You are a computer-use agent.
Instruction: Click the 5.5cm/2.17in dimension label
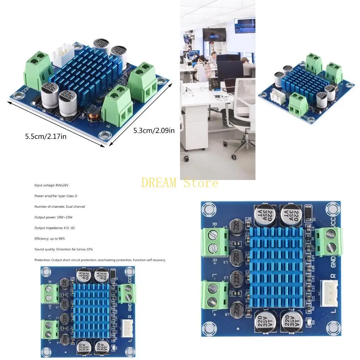pyautogui.click(x=45, y=136)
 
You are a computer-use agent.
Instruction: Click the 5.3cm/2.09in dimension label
pyautogui.click(x=154, y=131)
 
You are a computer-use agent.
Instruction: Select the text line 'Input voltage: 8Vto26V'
pyautogui.click(x=54, y=185)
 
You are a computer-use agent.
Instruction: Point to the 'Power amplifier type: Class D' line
pyautogui.click(x=58, y=196)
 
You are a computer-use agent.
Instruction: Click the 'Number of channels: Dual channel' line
pyautogui.click(x=60, y=206)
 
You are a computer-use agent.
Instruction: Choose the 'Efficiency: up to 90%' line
pyautogui.click(x=50, y=239)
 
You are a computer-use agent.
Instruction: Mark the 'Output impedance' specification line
pyautogui.click(x=54, y=228)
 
